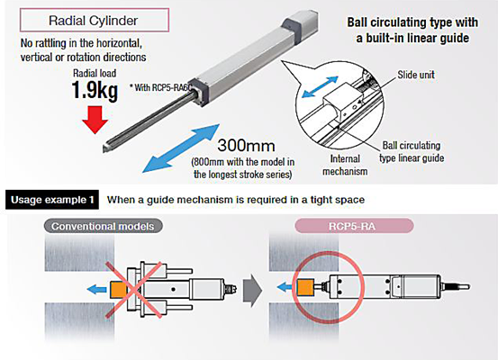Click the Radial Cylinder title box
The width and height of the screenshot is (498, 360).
pos(95,20)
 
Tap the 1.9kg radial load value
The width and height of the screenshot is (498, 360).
pos(95,90)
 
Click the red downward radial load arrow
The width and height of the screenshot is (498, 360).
pos(95,120)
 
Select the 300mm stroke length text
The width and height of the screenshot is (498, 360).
pos(246,146)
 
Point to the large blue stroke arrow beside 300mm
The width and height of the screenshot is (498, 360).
pos(181,148)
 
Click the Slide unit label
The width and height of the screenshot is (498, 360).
pos(416,75)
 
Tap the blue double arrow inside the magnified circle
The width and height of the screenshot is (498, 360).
pos(320,86)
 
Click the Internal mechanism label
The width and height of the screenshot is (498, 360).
pos(345,165)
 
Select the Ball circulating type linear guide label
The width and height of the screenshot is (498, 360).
pos(412,152)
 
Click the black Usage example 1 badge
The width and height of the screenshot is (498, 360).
pos(52,200)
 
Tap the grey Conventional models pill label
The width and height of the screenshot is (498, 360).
pos(103,226)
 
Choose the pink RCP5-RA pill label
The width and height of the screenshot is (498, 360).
pos(354,226)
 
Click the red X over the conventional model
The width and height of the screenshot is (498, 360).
pos(133,289)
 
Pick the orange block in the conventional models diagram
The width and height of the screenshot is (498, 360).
pos(118,290)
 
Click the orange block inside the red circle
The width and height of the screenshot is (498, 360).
pos(305,288)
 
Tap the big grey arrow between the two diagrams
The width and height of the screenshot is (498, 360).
pos(252,290)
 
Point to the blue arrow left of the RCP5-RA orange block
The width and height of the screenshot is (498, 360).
pos(285,288)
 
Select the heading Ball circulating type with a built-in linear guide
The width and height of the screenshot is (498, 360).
pos(412,31)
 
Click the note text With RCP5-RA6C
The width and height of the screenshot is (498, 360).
pos(161,87)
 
